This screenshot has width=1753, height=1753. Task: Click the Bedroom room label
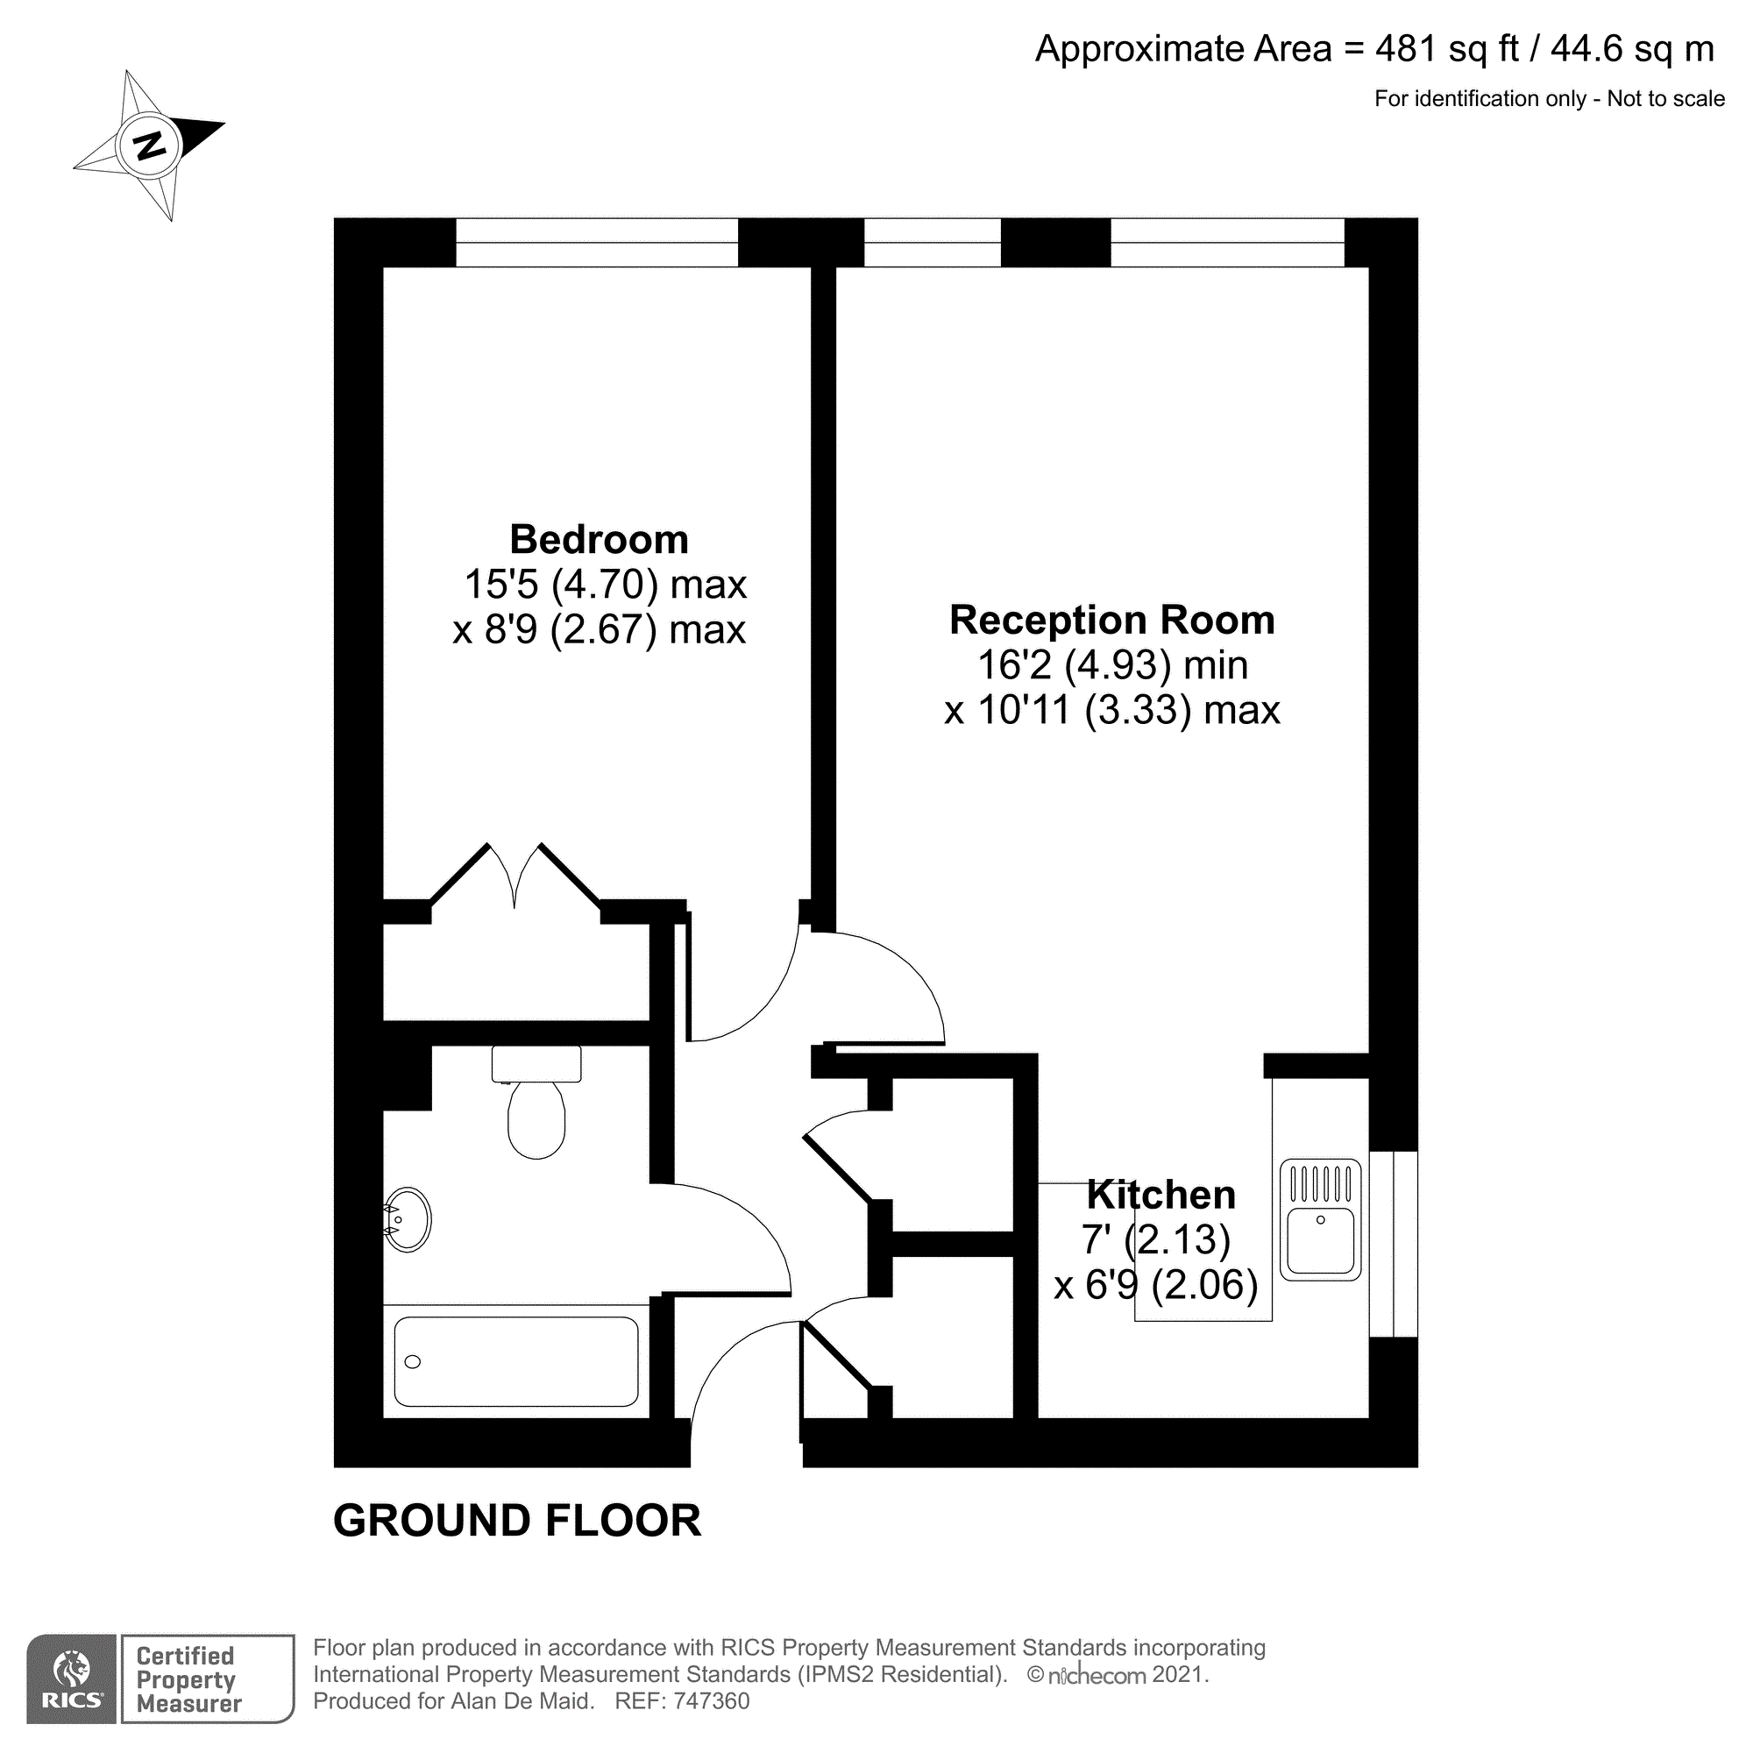[599, 540]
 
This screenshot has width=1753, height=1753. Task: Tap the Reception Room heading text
[1111, 621]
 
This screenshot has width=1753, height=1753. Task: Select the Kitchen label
[1160, 1195]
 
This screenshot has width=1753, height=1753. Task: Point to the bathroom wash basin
[408, 1219]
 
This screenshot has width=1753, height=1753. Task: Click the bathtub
[515, 1361]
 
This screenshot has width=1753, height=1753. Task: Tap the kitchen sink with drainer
[1320, 1219]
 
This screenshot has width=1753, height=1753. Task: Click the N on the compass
[150, 145]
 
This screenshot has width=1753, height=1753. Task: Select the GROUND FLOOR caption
[517, 1521]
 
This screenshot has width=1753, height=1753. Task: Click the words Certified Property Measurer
[188, 1679]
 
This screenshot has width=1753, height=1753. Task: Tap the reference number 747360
[712, 1701]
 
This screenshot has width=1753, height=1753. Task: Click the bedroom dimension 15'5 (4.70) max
[604, 586]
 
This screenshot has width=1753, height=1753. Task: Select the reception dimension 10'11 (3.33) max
[1111, 711]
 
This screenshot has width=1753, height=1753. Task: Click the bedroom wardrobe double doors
[515, 876]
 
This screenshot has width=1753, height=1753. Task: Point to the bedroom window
[596, 243]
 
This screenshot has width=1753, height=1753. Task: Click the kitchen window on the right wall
[1393, 1244]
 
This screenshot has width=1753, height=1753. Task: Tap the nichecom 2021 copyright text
[1118, 1675]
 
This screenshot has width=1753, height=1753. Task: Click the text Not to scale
[1665, 99]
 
